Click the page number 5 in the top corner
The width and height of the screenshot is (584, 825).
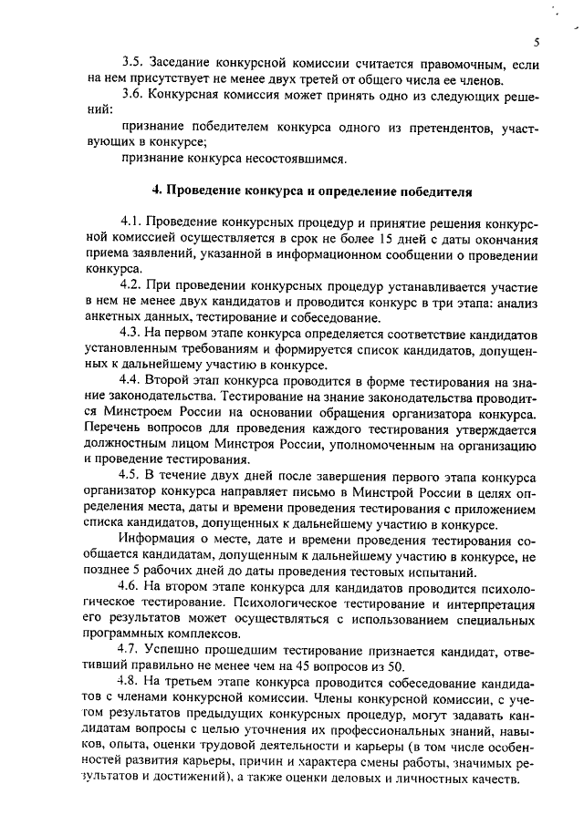tap(537, 43)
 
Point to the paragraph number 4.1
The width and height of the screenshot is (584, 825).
tap(134, 224)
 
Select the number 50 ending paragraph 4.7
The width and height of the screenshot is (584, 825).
tap(395, 665)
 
